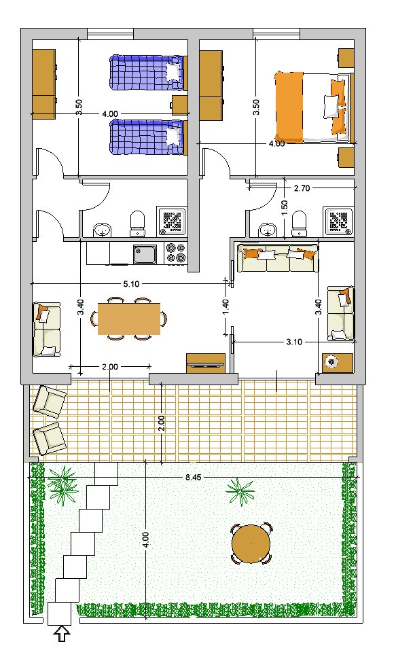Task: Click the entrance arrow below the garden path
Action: (x=62, y=633)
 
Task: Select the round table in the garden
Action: (x=251, y=544)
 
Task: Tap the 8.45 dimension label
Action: (x=193, y=478)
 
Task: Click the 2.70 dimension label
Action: (x=302, y=188)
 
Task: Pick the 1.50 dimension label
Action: (x=285, y=208)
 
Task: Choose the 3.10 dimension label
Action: (x=294, y=342)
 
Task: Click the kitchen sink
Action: (x=145, y=254)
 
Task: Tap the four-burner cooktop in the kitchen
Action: (x=176, y=253)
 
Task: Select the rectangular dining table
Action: (x=129, y=319)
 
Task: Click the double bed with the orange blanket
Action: (x=312, y=107)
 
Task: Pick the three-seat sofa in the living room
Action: (x=278, y=258)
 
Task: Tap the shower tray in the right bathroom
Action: (x=338, y=221)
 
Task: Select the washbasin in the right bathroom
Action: (x=267, y=230)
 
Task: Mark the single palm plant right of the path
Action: (x=240, y=491)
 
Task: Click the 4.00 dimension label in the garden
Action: (x=145, y=541)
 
